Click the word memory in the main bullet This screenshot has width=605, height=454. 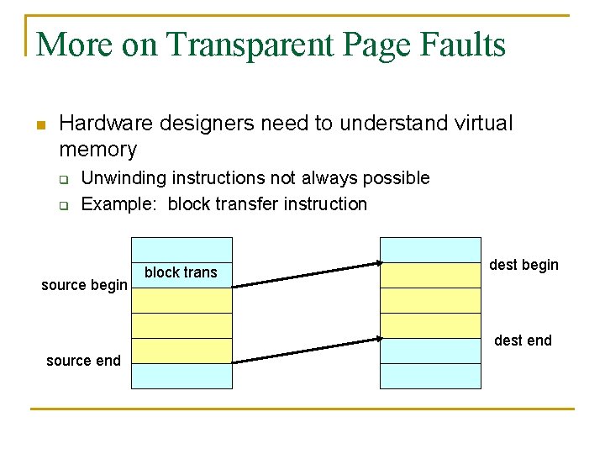pyautogui.click(x=97, y=150)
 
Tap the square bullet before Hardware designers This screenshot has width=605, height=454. pyautogui.click(x=39, y=125)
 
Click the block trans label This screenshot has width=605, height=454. pyautogui.click(x=181, y=272)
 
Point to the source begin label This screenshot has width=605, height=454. pyautogui.click(x=84, y=285)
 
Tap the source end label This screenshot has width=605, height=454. pyautogui.click(x=83, y=361)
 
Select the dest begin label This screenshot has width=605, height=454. pyautogui.click(x=523, y=265)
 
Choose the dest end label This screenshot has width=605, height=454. pyautogui.click(x=523, y=340)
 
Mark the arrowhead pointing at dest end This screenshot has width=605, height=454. pyautogui.click(x=377, y=340)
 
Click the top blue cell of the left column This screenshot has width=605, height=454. pyautogui.click(x=181, y=250)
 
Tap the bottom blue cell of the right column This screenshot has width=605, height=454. pyautogui.click(x=430, y=376)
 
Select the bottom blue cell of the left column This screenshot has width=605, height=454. pyautogui.click(x=181, y=376)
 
